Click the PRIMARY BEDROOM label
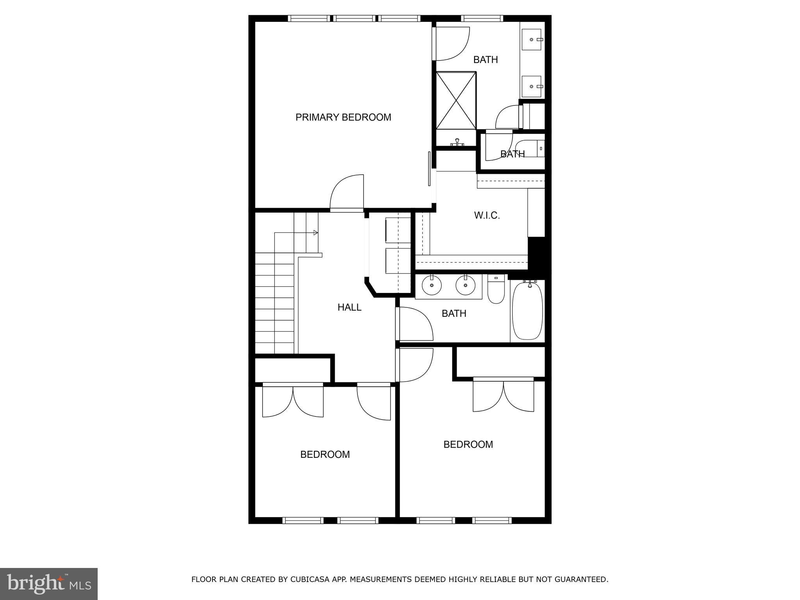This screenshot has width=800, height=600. point(343,117)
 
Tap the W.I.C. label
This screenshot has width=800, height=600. point(487,215)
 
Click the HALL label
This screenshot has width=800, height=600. point(349,307)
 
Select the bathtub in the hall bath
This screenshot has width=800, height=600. point(527,311)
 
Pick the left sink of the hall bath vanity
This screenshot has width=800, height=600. point(432,286)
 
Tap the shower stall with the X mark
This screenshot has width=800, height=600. point(456,100)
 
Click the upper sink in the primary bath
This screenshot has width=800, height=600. point(532,39)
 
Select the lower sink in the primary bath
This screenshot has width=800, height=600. point(532,86)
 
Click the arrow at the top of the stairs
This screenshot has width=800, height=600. point(315,233)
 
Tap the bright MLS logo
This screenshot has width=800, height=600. point(49,584)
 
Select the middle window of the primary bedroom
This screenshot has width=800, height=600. point(354,18)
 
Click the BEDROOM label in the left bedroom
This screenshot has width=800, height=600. point(325,454)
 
